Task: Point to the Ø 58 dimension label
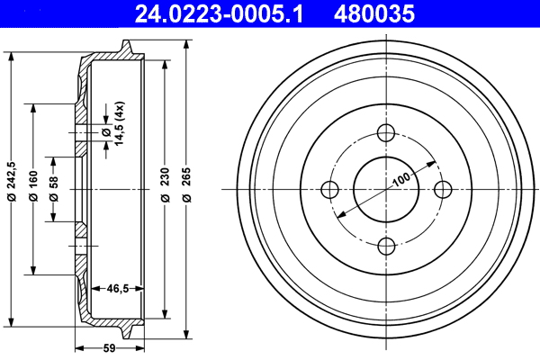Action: (x=53, y=190)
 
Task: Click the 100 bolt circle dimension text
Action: (x=401, y=179)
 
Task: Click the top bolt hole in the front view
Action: (x=386, y=134)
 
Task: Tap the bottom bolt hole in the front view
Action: (x=386, y=246)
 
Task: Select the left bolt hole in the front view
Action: (x=330, y=190)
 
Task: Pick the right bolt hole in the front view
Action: (x=442, y=190)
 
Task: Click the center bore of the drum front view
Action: (x=386, y=190)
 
